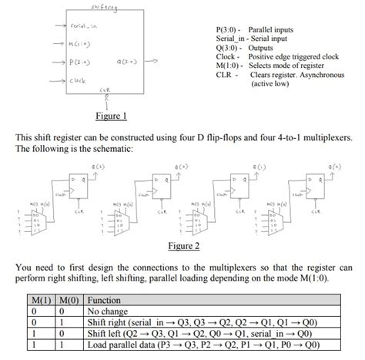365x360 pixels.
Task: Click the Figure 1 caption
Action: [x=110, y=116]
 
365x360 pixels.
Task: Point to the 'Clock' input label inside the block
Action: [x=76, y=80]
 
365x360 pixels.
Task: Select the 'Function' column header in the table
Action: [x=104, y=300]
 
